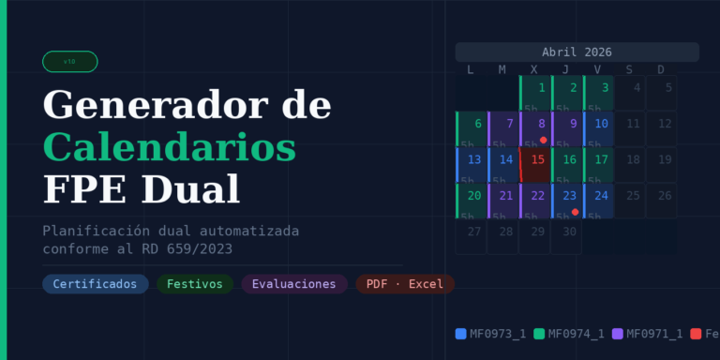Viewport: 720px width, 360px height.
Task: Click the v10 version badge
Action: point(69,62)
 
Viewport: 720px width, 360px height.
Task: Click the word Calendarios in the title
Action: point(170,147)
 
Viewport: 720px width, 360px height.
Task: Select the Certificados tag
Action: point(95,283)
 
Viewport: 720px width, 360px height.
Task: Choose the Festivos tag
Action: point(194,283)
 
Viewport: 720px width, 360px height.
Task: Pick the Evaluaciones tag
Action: point(293,283)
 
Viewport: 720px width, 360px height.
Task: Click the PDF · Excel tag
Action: point(405,283)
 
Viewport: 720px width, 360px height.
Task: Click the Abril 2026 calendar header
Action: point(577,52)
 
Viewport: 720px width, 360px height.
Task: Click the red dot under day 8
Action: point(543,140)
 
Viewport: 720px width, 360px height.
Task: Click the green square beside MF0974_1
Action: point(539,333)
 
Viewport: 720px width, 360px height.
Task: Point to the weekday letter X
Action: point(533,69)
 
